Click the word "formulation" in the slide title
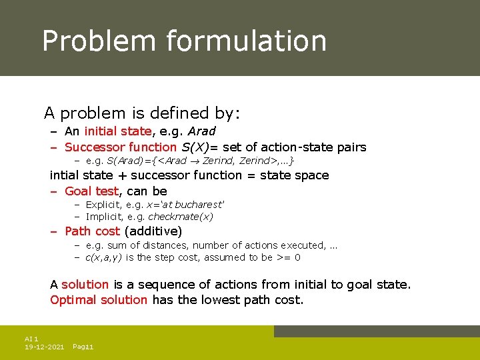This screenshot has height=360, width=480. pos(246,41)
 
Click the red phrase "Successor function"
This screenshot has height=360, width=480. pos(121,147)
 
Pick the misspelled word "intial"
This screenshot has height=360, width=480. pos(64,175)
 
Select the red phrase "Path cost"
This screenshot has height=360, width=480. pos(92,231)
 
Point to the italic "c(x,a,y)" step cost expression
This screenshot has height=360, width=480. pos(104,257)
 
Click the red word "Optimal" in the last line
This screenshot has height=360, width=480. pos(73,300)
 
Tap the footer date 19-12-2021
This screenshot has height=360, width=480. pos(44,347)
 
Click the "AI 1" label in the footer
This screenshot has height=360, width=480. pos(31,339)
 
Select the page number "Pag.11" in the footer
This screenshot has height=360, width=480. pos(83,347)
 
